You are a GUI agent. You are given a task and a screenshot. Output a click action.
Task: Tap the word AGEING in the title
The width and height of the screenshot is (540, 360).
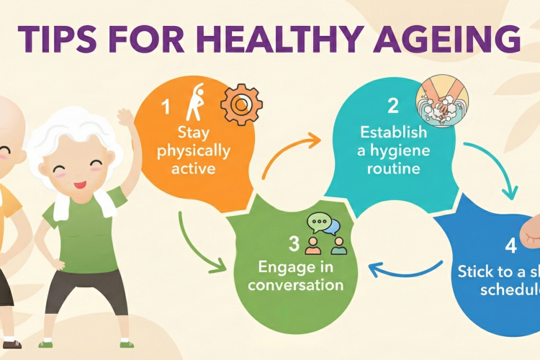pos(449,40)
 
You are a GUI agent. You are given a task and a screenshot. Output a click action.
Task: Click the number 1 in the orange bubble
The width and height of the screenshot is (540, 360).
pos(166,107)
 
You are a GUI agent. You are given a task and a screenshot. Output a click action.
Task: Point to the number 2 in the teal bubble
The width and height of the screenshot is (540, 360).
pos(393,107)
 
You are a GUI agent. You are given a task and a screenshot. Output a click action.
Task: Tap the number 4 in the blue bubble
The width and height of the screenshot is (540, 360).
pos(511,246)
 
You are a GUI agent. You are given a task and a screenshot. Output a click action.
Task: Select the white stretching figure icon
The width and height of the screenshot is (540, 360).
pos(195,102)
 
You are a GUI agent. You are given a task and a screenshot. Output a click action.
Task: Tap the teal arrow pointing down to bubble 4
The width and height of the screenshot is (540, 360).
pos(493,169)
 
